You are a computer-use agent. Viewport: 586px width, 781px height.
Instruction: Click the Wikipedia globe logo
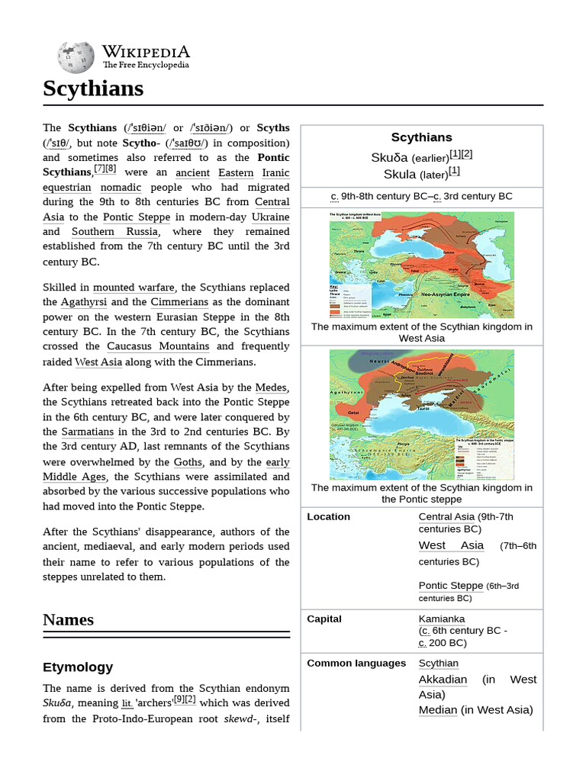click(76, 57)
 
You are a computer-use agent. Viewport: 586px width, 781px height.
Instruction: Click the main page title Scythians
click(93, 88)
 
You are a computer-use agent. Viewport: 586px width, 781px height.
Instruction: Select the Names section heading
click(69, 619)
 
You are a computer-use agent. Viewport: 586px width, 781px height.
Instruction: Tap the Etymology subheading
click(78, 667)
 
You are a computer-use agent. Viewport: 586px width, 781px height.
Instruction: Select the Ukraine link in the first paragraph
click(270, 217)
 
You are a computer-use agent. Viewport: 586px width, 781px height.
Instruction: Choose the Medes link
click(272, 387)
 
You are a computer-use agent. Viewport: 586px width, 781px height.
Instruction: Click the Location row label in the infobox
click(328, 516)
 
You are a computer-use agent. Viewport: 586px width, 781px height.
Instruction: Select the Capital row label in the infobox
click(324, 619)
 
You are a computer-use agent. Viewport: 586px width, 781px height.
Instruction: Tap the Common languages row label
click(356, 663)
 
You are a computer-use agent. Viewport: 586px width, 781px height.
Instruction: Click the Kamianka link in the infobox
click(442, 619)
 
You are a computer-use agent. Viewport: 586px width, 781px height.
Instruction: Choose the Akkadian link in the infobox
click(443, 679)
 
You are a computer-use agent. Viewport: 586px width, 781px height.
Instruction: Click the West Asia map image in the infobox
click(421, 265)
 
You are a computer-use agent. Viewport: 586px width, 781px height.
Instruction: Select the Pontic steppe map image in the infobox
click(421, 414)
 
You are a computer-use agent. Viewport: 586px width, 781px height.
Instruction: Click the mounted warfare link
click(134, 288)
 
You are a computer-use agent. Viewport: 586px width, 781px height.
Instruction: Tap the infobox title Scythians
click(421, 137)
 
